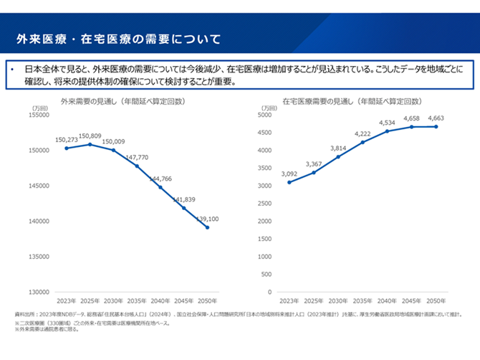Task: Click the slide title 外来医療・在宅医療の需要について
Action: [117, 37]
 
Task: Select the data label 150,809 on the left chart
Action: [90, 136]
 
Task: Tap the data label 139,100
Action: [207, 219]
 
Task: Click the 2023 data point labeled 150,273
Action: [67, 148]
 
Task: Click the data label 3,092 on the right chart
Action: [289, 174]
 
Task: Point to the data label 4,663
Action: [436, 118]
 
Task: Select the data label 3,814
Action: [337, 148]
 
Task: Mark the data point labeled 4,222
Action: [363, 142]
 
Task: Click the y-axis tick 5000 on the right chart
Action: [265, 115]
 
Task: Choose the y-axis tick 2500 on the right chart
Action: [265, 203]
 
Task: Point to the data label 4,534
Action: [387, 123]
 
